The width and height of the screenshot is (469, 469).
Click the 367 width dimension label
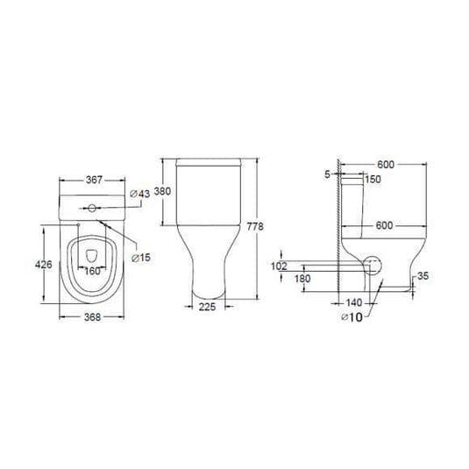coord(94,180)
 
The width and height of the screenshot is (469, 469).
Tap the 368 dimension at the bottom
coord(92,317)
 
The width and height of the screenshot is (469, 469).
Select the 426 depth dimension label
coord(44,265)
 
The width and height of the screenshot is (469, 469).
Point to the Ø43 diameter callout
coord(139,194)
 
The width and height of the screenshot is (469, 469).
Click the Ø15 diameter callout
coord(141,258)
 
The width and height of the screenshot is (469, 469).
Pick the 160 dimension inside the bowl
coord(93,271)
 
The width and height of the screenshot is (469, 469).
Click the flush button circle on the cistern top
coord(92,208)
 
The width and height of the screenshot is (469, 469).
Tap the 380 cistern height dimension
coord(162,191)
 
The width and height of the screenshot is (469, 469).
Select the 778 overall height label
coord(255,226)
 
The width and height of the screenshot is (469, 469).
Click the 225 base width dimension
coord(207,307)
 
